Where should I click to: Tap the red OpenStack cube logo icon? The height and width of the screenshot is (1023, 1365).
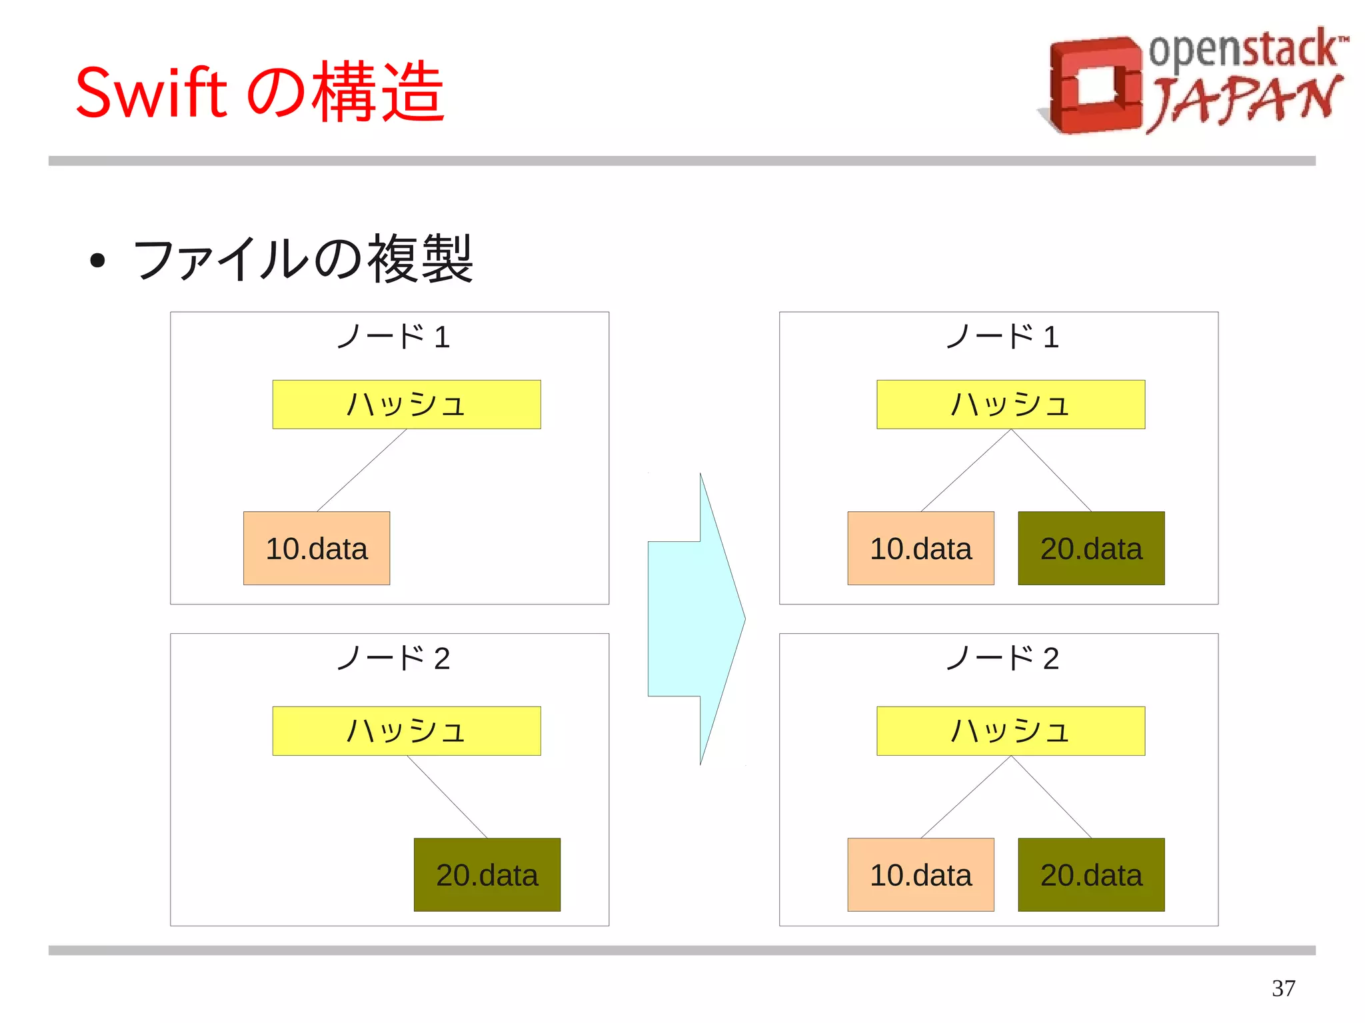pyautogui.click(x=1093, y=85)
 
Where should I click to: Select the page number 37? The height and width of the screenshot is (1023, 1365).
pyautogui.click(x=1283, y=988)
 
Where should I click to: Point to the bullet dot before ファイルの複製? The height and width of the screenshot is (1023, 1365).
pyautogui.click(x=97, y=261)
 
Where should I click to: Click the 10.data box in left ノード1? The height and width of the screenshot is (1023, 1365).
pyautogui.click(x=317, y=548)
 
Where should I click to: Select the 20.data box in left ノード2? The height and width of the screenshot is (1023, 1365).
pyautogui.click(x=487, y=875)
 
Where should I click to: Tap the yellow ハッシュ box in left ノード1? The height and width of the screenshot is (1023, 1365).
pyautogui.click(x=407, y=405)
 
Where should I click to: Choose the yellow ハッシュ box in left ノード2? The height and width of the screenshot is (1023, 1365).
pyautogui.click(x=407, y=731)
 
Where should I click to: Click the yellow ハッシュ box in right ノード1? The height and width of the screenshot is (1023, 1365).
pyautogui.click(x=1010, y=405)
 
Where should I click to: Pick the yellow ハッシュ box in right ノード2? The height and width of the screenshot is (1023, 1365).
pyautogui.click(x=1010, y=731)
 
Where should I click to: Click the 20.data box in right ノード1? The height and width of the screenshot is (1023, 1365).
pyautogui.click(x=1091, y=548)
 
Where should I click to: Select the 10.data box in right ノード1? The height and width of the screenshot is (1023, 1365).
pyautogui.click(x=920, y=548)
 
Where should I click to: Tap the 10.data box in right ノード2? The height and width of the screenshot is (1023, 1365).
pyautogui.click(x=920, y=875)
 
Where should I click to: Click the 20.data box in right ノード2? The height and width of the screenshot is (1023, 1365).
pyautogui.click(x=1091, y=875)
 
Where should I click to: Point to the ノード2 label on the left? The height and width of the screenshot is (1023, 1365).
pyautogui.click(x=393, y=658)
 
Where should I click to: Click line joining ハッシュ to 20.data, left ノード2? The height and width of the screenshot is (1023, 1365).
pyautogui.click(x=447, y=796)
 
